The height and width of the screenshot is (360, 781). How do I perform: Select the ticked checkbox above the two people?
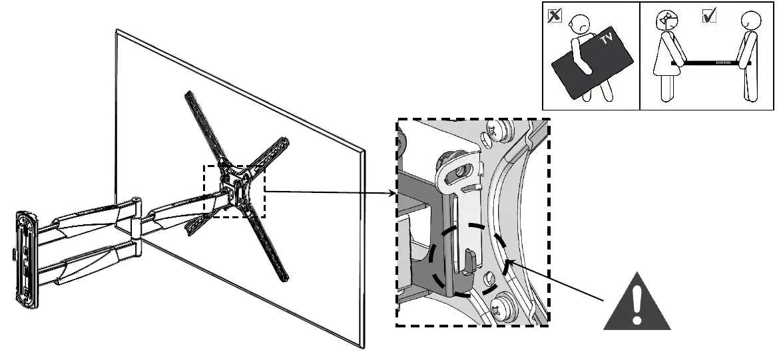point(708,17)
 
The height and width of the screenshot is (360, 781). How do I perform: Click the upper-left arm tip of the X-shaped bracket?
point(188,94)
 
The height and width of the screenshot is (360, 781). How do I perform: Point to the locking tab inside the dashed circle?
point(469,262)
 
